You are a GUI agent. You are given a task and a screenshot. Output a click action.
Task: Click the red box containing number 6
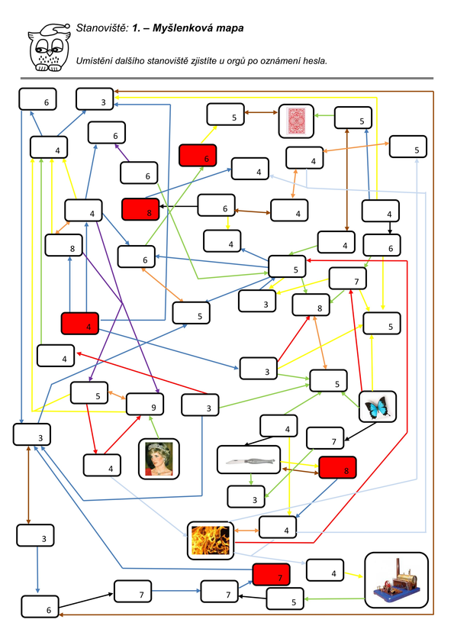(198, 156)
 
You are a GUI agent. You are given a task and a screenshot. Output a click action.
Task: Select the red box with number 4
(80, 324)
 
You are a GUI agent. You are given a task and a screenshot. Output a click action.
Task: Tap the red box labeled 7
(272, 575)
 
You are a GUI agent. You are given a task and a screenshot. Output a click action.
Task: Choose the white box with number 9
(145, 404)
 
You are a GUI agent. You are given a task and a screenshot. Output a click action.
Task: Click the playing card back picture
(296, 121)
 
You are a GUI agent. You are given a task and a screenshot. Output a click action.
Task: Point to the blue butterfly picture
(378, 407)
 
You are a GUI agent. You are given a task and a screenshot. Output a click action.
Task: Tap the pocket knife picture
(249, 460)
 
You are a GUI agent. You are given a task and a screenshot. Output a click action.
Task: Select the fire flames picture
(211, 540)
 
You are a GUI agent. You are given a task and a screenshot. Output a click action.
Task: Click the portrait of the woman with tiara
(159, 459)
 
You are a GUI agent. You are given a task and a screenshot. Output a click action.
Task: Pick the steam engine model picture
(396, 580)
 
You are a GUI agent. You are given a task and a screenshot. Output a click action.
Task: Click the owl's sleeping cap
(54, 29)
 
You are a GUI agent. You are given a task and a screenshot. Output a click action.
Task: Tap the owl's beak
(50, 53)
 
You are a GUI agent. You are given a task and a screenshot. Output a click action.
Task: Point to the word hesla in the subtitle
(315, 61)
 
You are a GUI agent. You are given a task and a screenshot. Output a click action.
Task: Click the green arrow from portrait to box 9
(154, 427)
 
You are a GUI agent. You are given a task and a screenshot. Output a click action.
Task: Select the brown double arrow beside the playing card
(261, 112)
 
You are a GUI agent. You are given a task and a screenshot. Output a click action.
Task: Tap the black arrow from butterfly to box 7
(360, 431)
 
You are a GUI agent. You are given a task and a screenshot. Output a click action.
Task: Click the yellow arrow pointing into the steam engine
(354, 575)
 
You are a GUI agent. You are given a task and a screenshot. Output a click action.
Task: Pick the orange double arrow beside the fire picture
(247, 531)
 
